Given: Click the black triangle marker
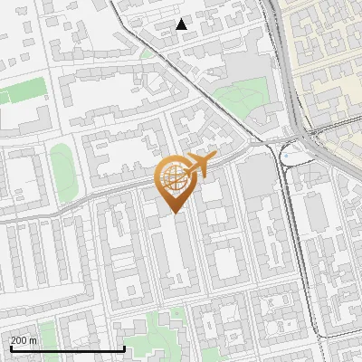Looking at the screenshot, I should pos(182,24).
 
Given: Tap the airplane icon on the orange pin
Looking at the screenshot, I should pos(201,165).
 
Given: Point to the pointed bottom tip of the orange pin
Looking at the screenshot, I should pos(173,213).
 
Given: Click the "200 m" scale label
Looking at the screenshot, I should pos(24,340).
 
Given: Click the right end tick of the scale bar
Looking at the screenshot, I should pos(124,348).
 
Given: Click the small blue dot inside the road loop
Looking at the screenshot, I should pos(285,156).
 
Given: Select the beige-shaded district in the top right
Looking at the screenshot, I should pos(326,54).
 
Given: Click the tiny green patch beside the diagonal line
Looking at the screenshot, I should pos(147,53).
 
